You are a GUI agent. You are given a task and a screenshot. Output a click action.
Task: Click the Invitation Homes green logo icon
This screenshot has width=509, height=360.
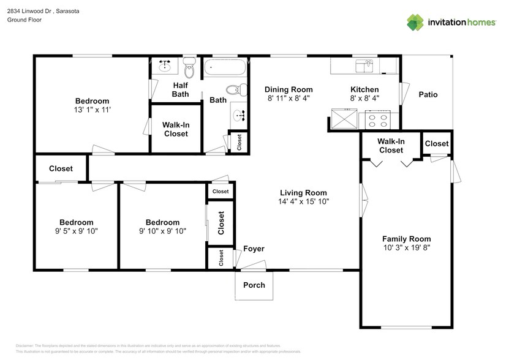(x=416, y=22)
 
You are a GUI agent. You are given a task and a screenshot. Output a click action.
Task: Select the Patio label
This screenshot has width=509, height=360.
(x=428, y=94)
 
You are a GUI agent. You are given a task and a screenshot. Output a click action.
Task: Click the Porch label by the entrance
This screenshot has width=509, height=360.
(x=254, y=285)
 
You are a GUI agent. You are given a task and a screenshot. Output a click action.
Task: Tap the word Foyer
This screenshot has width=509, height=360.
(x=254, y=249)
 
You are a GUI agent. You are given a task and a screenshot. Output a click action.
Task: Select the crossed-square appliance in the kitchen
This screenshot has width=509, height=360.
(x=342, y=118)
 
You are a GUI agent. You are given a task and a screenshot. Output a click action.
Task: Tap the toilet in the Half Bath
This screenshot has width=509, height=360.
(x=190, y=69)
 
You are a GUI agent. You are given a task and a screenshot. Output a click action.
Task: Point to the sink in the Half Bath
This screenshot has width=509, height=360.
(x=164, y=65)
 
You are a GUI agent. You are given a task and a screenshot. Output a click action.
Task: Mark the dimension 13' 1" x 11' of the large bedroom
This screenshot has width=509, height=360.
(x=92, y=110)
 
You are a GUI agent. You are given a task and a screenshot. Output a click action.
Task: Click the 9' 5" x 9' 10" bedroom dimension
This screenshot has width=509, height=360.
(x=77, y=231)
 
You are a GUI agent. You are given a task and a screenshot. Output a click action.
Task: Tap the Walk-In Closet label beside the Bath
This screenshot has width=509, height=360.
(x=175, y=129)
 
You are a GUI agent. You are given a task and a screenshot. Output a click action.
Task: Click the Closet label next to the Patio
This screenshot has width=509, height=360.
(x=437, y=144)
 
